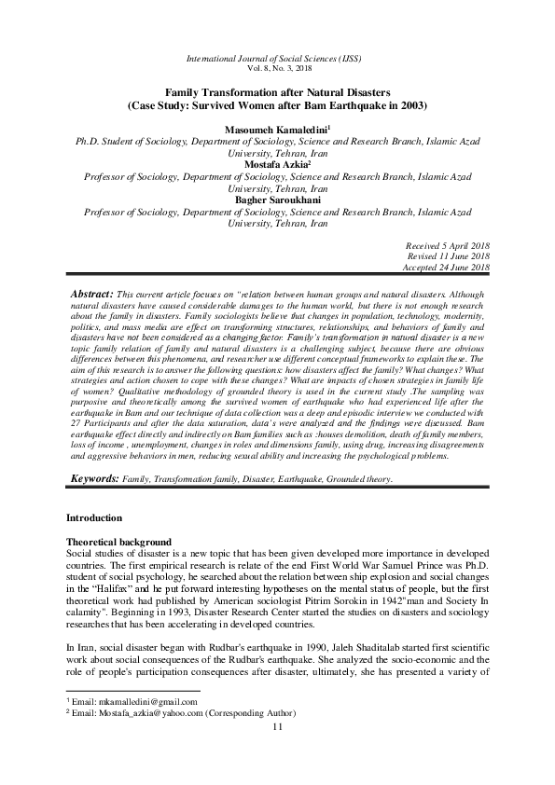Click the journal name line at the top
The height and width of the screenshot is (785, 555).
(x=276, y=59)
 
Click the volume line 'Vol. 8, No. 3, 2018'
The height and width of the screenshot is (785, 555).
(x=276, y=70)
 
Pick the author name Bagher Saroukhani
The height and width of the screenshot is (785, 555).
(x=277, y=200)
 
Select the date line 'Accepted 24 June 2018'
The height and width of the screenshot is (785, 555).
(x=443, y=267)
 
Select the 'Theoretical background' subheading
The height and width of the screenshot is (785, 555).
(x=120, y=541)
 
